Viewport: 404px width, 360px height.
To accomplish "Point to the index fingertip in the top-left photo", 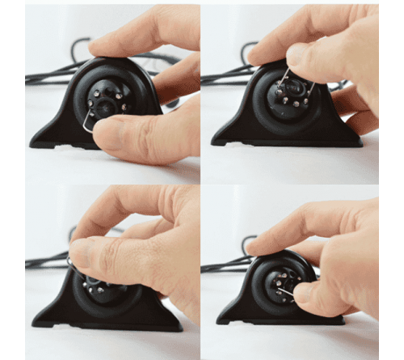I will [x=98, y=49].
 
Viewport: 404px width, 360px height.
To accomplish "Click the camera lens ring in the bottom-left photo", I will [x=109, y=291].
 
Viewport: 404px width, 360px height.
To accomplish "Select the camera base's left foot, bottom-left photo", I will [x=44, y=320].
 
